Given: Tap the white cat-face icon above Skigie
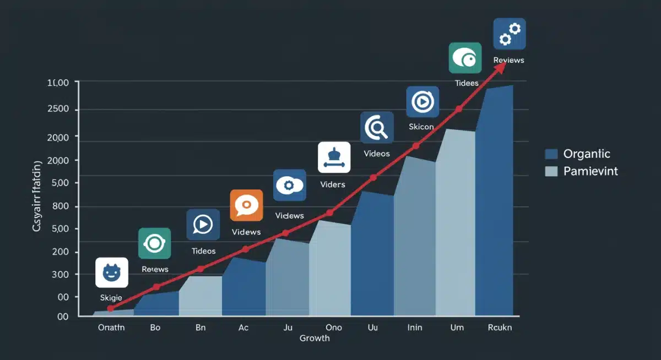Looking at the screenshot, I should (x=112, y=272).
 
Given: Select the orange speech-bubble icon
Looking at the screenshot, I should (x=246, y=205).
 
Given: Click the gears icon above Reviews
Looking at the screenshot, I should (x=510, y=34).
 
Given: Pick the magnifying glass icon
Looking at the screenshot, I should (x=377, y=128).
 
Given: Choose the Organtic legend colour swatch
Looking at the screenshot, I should (x=551, y=154).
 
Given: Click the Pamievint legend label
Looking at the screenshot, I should (x=590, y=171).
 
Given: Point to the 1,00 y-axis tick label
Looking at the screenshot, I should (x=58, y=83).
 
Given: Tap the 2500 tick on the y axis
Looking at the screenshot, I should (x=58, y=109).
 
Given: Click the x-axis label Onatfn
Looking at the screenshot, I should (x=111, y=328).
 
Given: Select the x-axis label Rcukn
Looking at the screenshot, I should (x=500, y=328).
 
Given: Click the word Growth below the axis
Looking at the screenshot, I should (x=315, y=338).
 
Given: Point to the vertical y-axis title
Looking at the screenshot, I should (x=37, y=196).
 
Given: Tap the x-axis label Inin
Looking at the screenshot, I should (x=415, y=328).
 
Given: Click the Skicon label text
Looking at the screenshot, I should (x=421, y=127).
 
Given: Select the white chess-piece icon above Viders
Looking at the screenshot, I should (x=334, y=157).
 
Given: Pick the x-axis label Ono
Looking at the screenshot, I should (x=334, y=328).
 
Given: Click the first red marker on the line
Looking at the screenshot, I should (x=111, y=308).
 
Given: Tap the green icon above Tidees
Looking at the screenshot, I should (x=465, y=58).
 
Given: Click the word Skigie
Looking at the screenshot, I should (x=111, y=297).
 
